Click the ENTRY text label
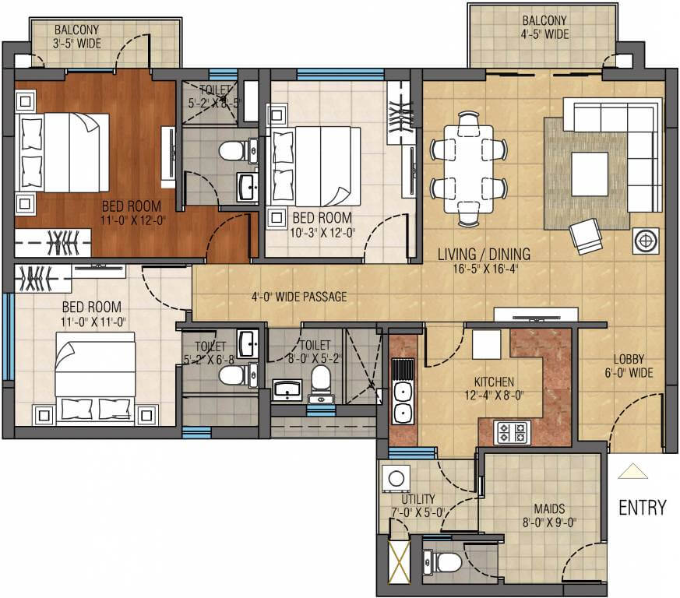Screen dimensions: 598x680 (642, 508)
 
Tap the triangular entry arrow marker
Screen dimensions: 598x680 (632, 472)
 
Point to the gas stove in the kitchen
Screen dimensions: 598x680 (512, 431)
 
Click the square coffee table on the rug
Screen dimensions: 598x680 (589, 174)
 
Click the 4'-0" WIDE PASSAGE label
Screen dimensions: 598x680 (298, 297)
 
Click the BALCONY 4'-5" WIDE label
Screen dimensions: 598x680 (544, 27)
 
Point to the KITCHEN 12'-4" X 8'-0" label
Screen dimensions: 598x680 (494, 388)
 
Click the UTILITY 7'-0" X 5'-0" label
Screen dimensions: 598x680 (419, 505)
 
